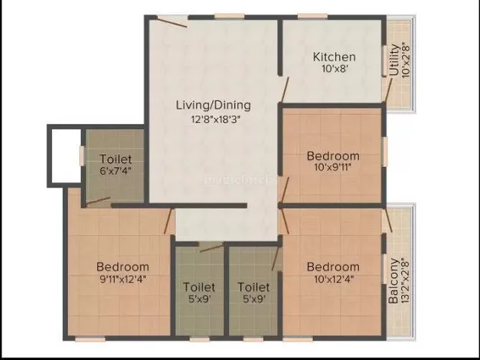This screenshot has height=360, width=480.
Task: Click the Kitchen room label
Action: [x=335, y=57]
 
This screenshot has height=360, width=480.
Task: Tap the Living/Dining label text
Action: [x=214, y=105]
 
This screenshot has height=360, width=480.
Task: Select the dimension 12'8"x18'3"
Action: [x=214, y=119]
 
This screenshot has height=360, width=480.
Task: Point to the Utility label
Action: [x=394, y=60]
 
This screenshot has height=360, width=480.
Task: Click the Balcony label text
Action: [x=393, y=281]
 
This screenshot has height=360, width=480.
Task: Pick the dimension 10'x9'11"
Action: [x=333, y=167]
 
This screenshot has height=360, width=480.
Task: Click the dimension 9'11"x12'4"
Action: [x=122, y=279]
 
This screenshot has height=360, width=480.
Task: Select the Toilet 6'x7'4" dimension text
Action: [x=116, y=171]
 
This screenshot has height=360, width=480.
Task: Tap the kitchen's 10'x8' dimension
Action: [x=335, y=68]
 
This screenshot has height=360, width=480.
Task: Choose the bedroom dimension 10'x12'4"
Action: [x=334, y=279]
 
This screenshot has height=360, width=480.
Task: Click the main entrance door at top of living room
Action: [x=171, y=22]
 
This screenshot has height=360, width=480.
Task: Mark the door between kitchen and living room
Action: [x=285, y=90]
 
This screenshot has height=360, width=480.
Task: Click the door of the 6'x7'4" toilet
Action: [x=98, y=201]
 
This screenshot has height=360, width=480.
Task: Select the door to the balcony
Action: [x=388, y=220]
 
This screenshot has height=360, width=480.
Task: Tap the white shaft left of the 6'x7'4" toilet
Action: [x=67, y=156]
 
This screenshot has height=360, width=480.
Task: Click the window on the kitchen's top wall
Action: [x=312, y=16]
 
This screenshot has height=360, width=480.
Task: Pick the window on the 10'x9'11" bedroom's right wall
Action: [x=384, y=152]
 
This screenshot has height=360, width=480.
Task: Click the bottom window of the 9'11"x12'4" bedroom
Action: [x=90, y=339]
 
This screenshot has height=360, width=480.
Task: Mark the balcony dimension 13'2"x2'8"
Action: [x=405, y=282]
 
